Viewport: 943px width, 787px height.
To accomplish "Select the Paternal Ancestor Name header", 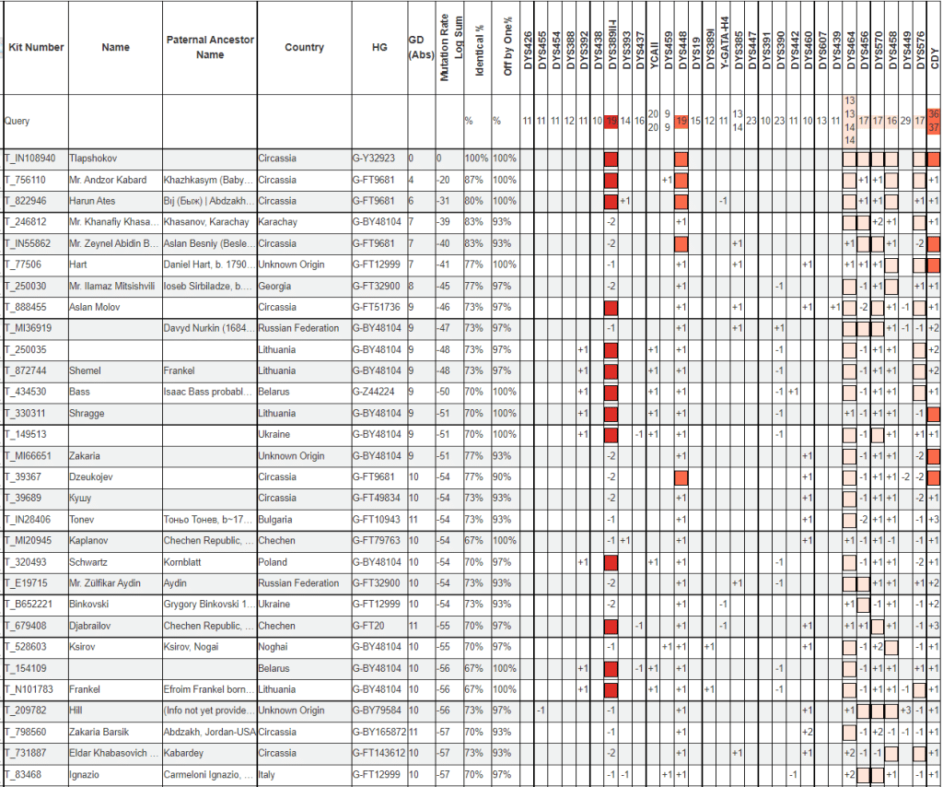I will [210, 47].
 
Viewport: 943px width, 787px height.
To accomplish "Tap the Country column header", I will [304, 47].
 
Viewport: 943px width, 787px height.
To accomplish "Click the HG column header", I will [379, 47].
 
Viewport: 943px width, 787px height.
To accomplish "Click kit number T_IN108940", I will [30, 158].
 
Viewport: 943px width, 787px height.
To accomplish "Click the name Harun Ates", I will [95, 200].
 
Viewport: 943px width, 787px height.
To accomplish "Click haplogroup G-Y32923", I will [376, 158].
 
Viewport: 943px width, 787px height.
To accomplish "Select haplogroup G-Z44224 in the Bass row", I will [376, 392].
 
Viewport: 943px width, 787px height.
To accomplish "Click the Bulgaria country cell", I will [277, 520].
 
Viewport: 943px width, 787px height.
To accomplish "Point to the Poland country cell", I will [274, 562].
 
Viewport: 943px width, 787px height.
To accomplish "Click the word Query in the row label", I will [17, 121].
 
